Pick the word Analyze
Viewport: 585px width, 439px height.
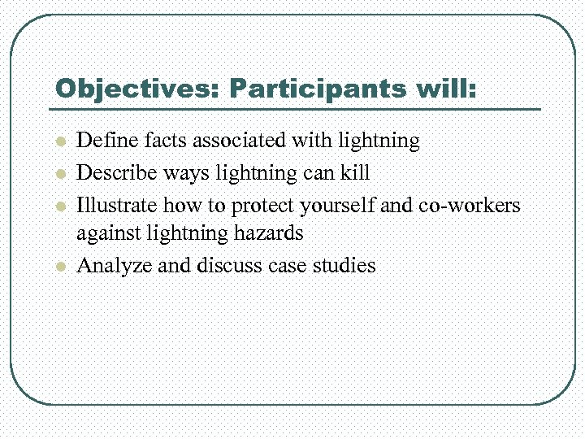[110, 265]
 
